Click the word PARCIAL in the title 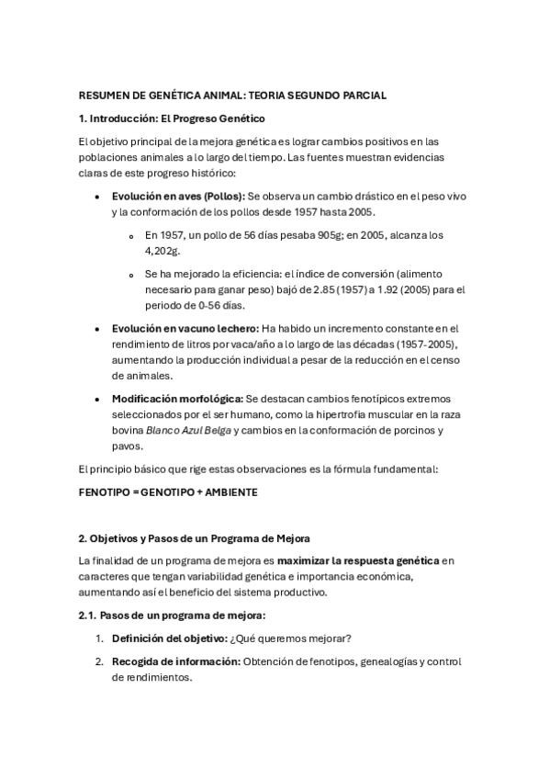point(363,96)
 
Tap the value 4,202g point(162,250)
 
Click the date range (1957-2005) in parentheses point(425,344)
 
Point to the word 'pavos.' point(128,446)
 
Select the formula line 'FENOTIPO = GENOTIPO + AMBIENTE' point(168,491)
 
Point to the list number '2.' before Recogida point(99,661)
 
